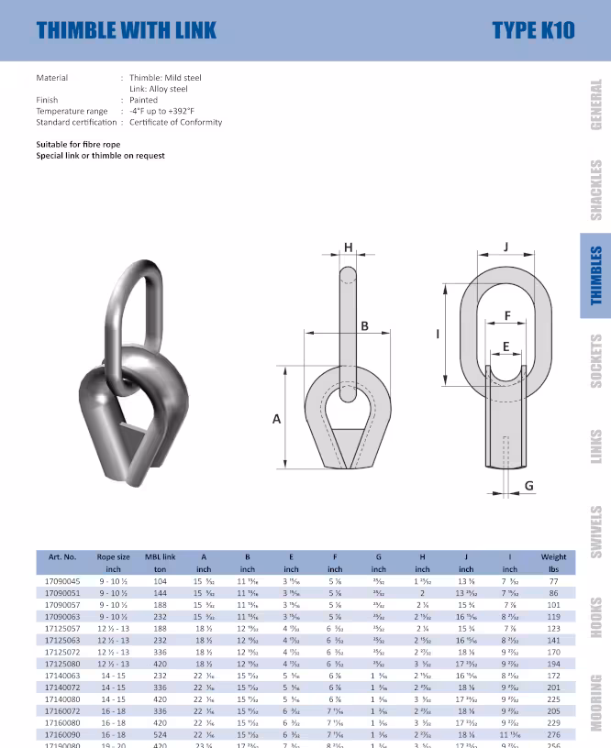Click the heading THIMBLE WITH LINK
coord(127,30)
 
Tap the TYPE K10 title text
coord(533,30)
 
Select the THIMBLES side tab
coord(595,275)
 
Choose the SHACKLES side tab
coord(595,191)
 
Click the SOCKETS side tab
coord(595,361)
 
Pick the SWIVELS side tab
coord(595,532)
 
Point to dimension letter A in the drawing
coord(277,419)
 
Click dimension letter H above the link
coord(349,247)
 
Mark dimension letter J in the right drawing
coord(505,247)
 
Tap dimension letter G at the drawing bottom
coord(528,485)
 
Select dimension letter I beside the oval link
coord(437,334)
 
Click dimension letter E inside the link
coord(505,346)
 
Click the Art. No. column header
coord(62,556)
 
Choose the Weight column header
coord(553,556)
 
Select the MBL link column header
coord(162,556)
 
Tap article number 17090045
coord(62,581)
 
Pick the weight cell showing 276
coord(553,735)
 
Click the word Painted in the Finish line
coord(144,100)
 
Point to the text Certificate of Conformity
coord(175,122)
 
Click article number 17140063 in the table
coord(62,674)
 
